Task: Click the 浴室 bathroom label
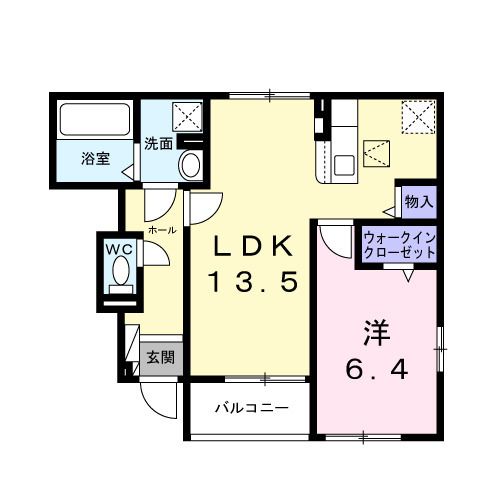[x=96, y=159]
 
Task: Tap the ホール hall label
[x=162, y=230]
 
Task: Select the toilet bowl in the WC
[x=121, y=270]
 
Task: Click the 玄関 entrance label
[x=160, y=357]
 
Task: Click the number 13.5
[x=254, y=283]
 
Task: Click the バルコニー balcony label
[x=252, y=408]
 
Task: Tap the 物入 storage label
[x=418, y=200]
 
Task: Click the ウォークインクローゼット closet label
[x=399, y=246]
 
